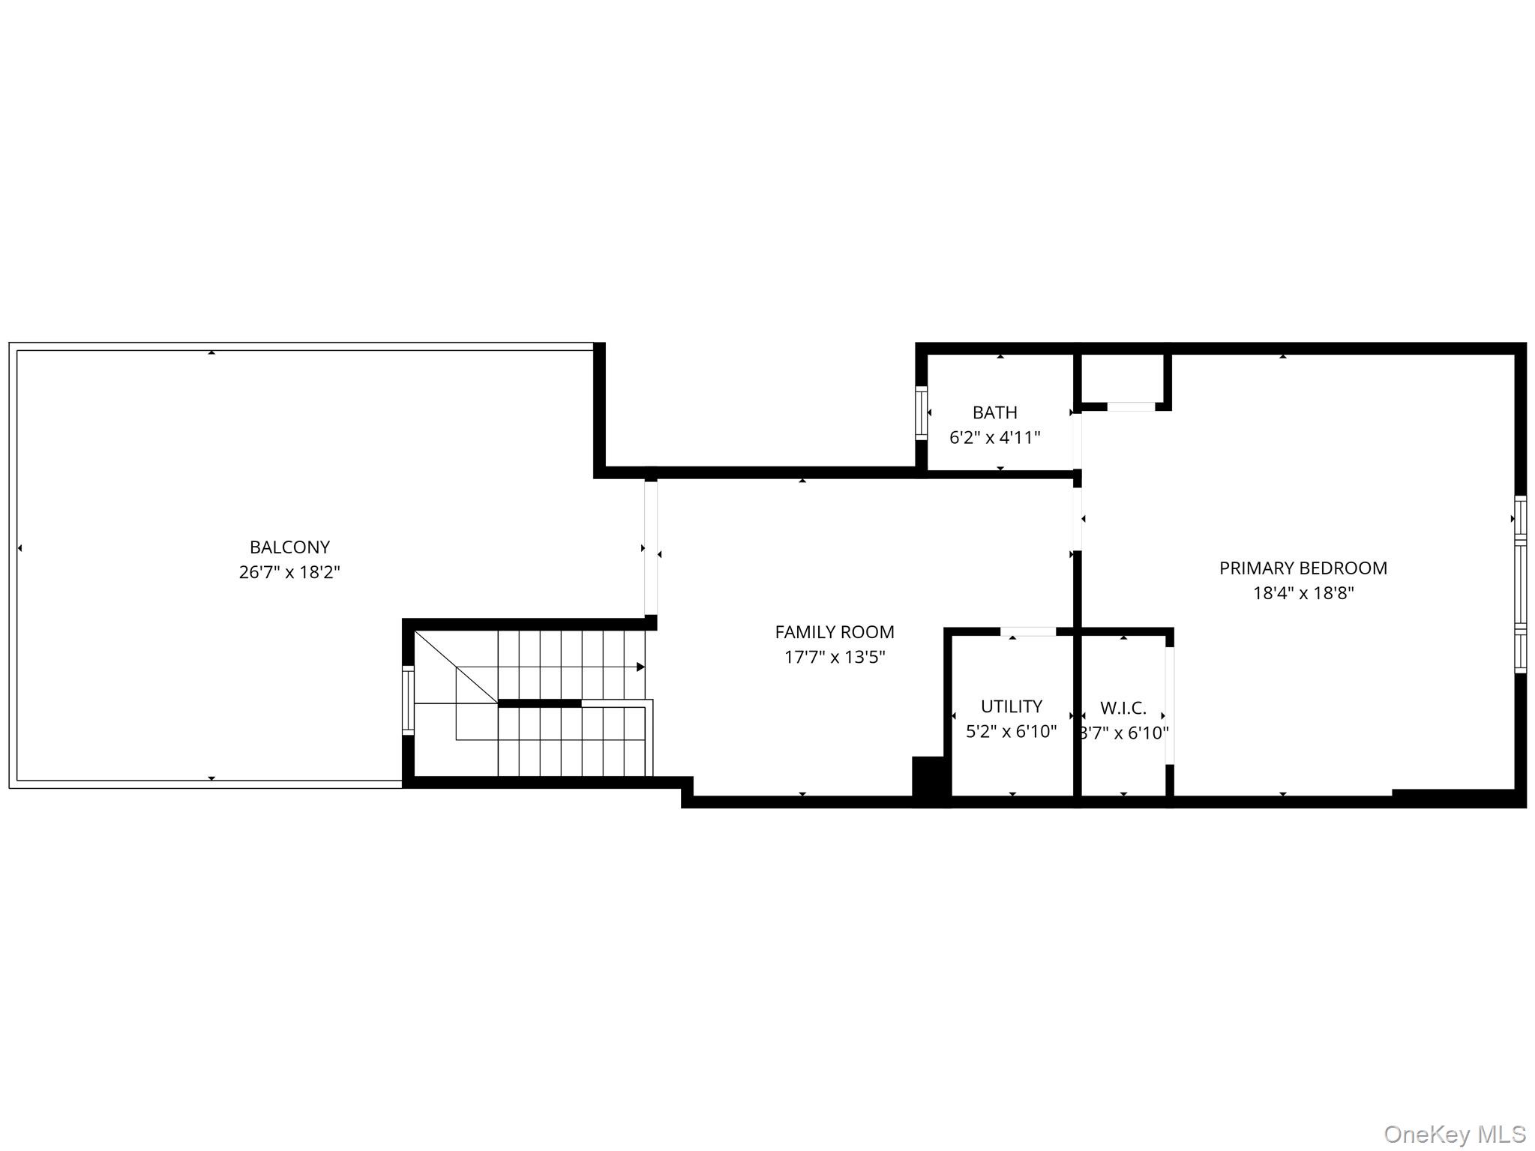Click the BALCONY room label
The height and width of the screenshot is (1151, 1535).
(x=289, y=547)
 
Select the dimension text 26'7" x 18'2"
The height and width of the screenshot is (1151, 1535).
(x=289, y=573)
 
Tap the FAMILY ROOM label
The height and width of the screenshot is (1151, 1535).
(x=834, y=632)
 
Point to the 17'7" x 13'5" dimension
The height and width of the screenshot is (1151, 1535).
(x=834, y=658)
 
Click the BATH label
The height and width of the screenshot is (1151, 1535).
(x=994, y=412)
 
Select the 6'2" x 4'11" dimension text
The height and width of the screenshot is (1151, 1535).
(x=994, y=438)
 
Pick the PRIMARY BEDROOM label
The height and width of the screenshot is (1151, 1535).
(x=1303, y=568)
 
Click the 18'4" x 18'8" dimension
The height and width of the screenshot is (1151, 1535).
(x=1303, y=594)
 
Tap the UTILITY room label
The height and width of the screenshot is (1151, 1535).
(x=1011, y=706)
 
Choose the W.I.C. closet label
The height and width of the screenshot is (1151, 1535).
(x=1123, y=708)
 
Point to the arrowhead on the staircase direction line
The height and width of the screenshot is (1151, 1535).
(x=640, y=667)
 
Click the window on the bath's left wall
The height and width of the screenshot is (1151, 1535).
(x=922, y=412)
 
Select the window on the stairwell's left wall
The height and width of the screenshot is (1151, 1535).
(x=408, y=700)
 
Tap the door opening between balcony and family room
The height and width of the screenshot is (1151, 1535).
(x=651, y=547)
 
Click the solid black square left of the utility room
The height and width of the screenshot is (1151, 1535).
(x=930, y=780)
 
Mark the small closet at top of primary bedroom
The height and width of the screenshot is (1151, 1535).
(x=1122, y=379)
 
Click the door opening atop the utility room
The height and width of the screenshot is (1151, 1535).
(x=1028, y=631)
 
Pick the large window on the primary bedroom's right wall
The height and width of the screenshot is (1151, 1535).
(x=1520, y=584)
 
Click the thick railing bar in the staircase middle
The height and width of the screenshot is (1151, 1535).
(x=539, y=703)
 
